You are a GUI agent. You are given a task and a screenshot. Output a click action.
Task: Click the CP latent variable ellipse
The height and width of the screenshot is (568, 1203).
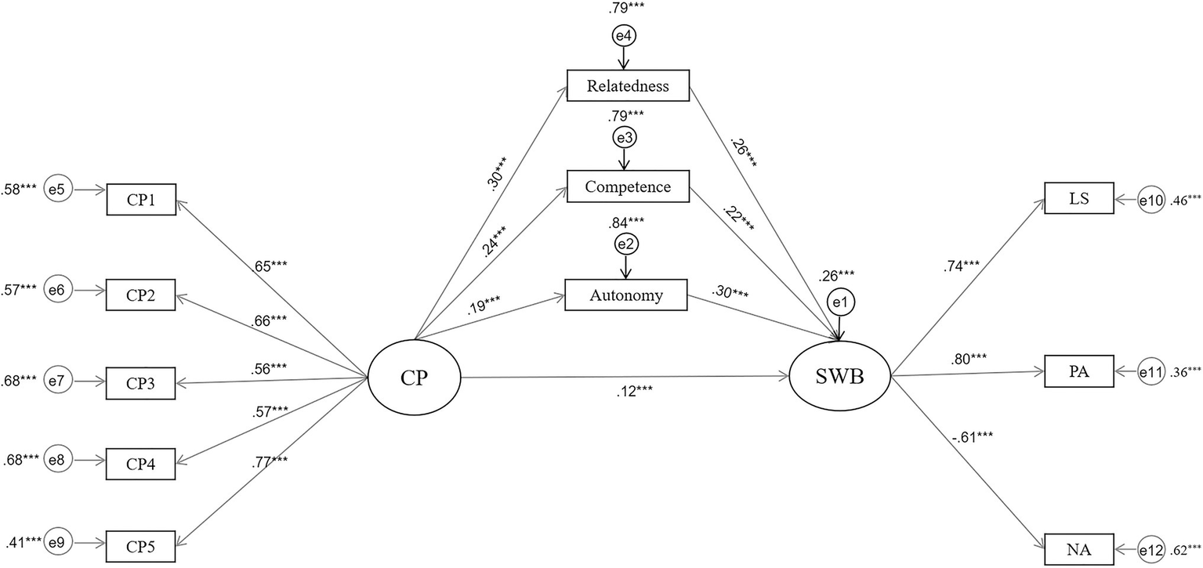[x=415, y=378]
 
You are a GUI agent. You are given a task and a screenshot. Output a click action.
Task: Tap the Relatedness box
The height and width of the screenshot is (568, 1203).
[x=627, y=85]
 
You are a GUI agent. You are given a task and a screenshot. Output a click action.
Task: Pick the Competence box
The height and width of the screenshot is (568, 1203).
[x=627, y=188]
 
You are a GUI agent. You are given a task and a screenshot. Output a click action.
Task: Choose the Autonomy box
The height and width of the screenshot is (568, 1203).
[x=626, y=295]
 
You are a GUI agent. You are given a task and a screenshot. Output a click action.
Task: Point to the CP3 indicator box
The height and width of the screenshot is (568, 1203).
[x=141, y=383]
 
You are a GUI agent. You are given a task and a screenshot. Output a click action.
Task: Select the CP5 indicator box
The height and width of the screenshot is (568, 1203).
[x=141, y=545]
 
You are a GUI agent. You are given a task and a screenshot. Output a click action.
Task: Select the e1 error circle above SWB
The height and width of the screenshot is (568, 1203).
[x=842, y=303]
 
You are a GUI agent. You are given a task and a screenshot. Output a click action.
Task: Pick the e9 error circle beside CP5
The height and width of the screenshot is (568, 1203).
[x=58, y=541]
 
